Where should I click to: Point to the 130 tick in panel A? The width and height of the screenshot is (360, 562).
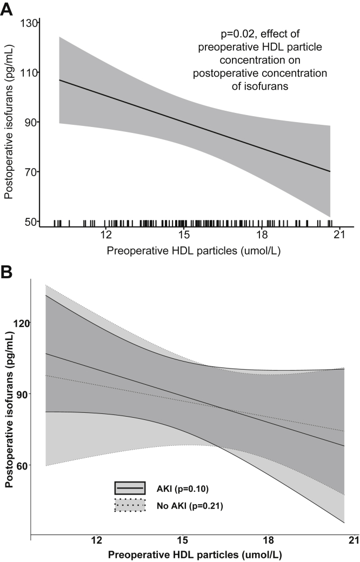[x=29, y=23]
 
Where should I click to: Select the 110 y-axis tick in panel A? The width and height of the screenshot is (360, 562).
[x=29, y=72]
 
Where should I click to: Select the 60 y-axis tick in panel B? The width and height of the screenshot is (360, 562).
[x=23, y=465]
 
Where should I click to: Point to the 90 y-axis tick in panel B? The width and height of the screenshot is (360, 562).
[x=23, y=394]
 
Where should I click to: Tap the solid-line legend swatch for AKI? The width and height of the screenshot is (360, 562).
[x=130, y=488]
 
